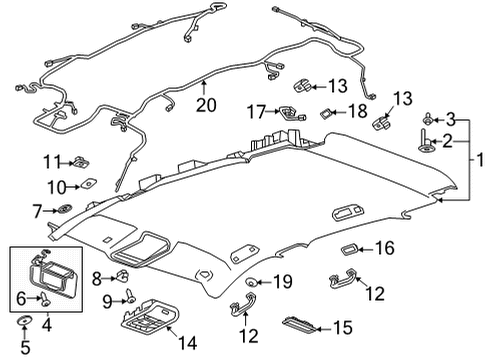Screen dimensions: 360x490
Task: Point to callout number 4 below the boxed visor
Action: coord(44,323)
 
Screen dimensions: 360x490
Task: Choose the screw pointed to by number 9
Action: coord(130,296)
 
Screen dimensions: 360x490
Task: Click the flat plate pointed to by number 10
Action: coord(87,184)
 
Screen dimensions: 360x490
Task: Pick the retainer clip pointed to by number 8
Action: coord(123,277)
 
